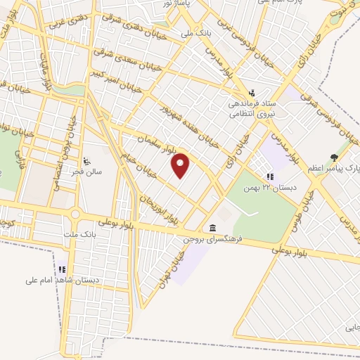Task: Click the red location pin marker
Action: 181,165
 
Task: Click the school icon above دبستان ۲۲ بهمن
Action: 269,177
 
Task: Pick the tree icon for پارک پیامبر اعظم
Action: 334,157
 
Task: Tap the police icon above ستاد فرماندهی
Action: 252,92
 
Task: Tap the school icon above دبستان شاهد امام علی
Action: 62,269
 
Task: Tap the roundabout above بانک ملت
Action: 75,214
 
